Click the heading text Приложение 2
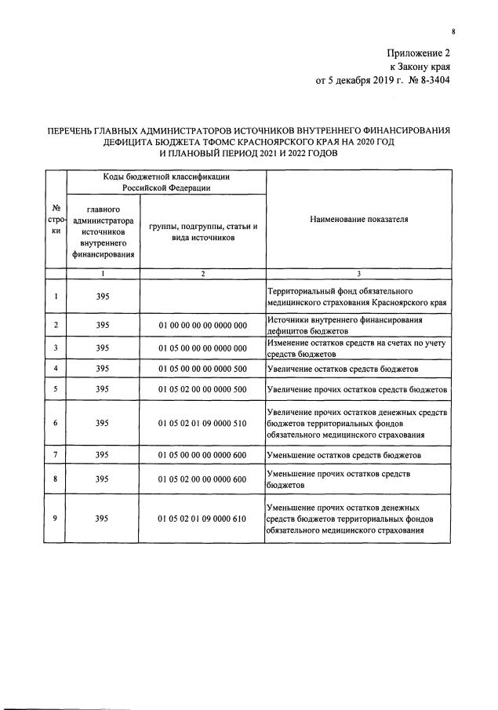[x=420, y=53]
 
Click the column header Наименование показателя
[x=358, y=220]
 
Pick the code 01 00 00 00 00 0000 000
[x=202, y=325]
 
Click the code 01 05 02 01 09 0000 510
[x=202, y=424]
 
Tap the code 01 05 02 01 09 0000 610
[x=202, y=519]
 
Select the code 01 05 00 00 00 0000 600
[x=202, y=456]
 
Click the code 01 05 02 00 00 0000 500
[x=202, y=390]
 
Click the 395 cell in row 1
[x=103, y=297]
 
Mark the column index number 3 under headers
[x=358, y=274]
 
